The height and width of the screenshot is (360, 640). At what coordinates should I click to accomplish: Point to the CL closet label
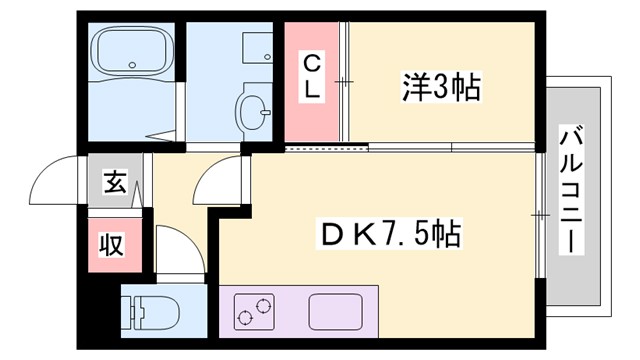pyautogui.click(x=312, y=77)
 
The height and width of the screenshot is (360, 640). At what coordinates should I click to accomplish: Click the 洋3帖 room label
pyautogui.click(x=441, y=87)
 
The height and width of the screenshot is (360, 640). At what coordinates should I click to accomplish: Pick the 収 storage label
pyautogui.click(x=111, y=245)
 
